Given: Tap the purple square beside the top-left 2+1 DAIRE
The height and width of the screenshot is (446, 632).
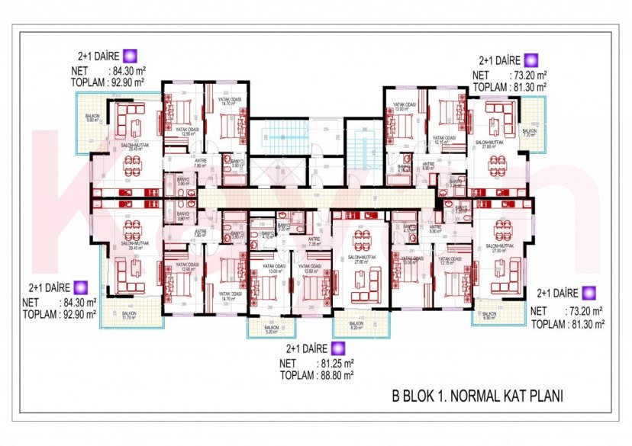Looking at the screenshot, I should (131, 56).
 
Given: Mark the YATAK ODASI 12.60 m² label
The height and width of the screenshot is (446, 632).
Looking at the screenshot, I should (309, 268).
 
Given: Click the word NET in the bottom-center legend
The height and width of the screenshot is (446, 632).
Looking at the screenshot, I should (289, 364).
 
